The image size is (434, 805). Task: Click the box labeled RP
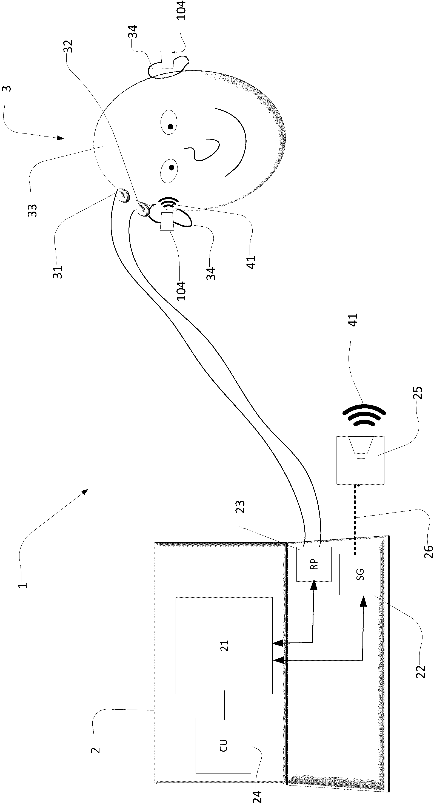click(314, 564)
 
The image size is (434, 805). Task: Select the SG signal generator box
click(360, 574)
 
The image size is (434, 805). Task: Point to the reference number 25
click(418, 392)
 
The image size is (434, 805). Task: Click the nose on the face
click(202, 150)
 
